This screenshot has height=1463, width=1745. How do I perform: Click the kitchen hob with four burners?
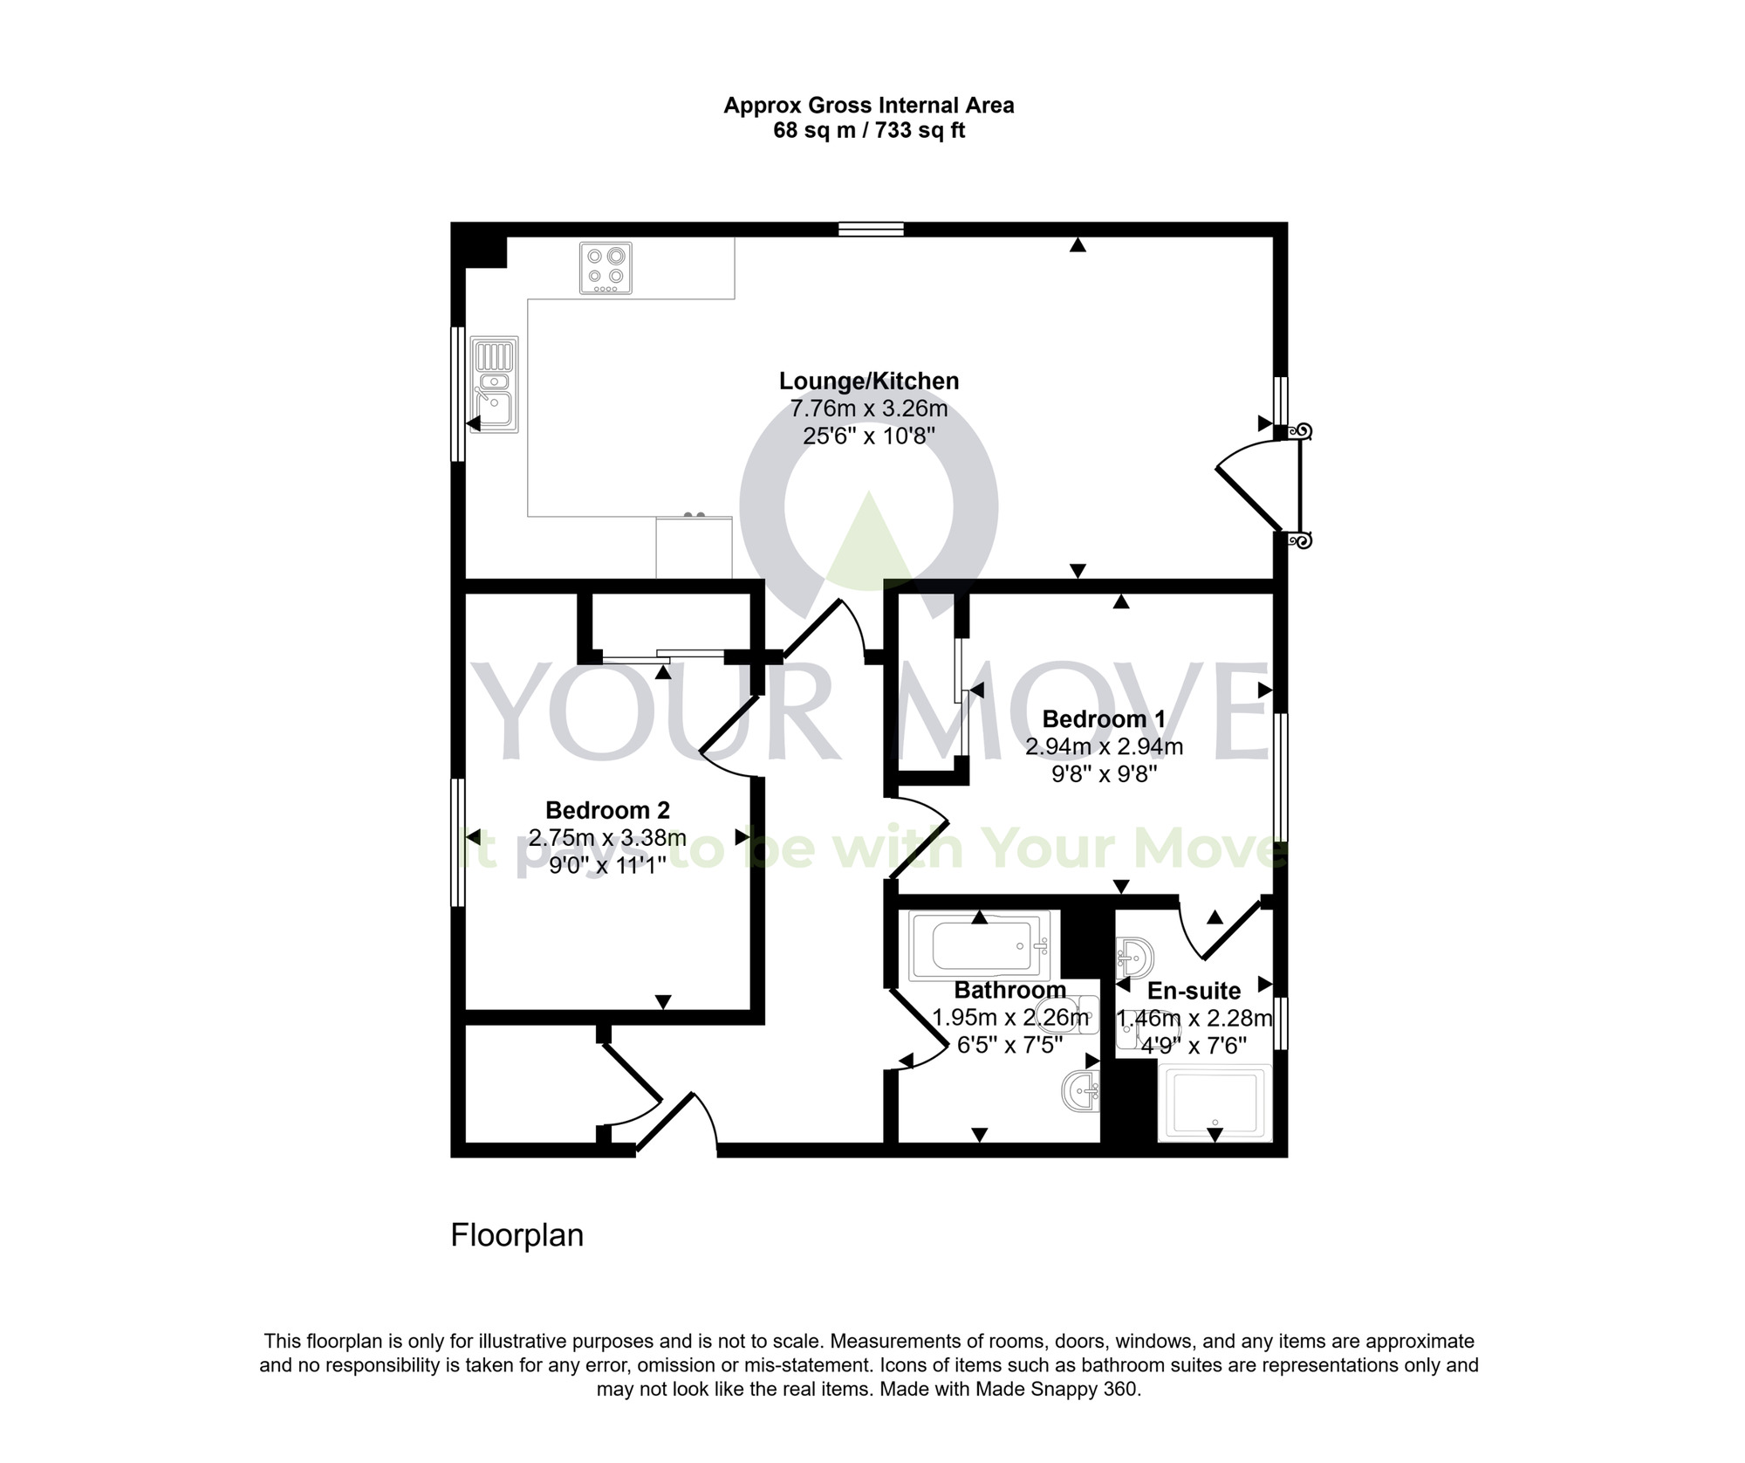point(606,268)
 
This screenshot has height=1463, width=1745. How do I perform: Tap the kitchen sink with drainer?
point(494,384)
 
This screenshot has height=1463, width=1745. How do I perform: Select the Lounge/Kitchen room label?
point(868,381)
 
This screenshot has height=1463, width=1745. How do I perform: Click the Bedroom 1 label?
point(1103,718)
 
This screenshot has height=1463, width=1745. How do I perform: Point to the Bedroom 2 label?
point(607,810)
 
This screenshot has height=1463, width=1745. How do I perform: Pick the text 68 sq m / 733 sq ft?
point(868,131)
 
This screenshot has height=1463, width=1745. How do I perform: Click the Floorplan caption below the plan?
point(517,1235)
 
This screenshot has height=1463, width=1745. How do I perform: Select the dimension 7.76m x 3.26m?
point(868,409)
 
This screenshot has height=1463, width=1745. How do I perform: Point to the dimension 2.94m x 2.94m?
point(1103,746)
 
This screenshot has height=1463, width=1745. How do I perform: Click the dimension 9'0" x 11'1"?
point(607,865)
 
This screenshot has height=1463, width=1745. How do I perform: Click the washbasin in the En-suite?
point(1134,957)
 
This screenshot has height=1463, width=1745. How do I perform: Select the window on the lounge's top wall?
point(871,230)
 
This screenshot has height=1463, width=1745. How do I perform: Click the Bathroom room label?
point(1009,990)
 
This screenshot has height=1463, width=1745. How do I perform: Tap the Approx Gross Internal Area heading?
point(868,106)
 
